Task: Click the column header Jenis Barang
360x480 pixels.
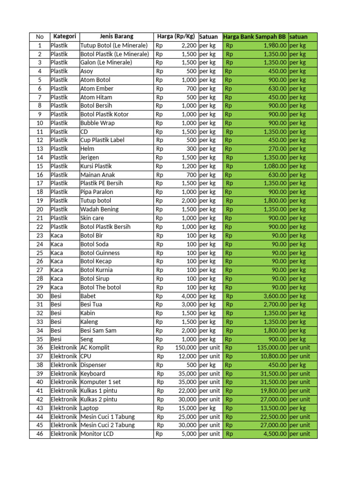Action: tap(116, 37)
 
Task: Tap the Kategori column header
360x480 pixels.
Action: tap(65, 37)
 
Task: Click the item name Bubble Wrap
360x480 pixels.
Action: tap(97, 123)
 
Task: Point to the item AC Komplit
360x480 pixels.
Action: tap(97, 348)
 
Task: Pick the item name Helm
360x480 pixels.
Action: tap(87, 149)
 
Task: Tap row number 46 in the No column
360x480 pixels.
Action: tap(39, 434)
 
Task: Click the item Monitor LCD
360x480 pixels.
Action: tap(97, 434)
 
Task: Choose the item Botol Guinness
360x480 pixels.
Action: tap(100, 253)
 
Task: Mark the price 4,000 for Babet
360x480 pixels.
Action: tap(189, 296)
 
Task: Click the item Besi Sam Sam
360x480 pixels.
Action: tap(98, 330)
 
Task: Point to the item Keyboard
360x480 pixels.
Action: tap(93, 374)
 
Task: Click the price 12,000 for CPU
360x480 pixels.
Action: tap(188, 356)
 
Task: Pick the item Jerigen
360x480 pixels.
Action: tap(90, 157)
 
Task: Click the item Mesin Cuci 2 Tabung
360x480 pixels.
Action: tap(107, 425)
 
